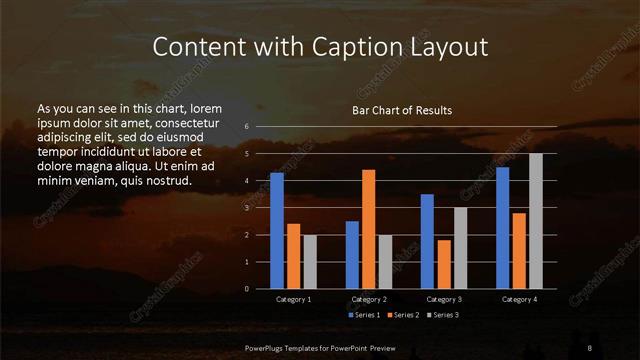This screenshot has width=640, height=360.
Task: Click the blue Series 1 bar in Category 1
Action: click(277, 231)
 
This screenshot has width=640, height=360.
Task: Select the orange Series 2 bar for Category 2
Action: click(369, 229)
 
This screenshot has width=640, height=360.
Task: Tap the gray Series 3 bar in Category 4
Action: click(536, 221)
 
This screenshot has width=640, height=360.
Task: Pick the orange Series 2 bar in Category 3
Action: click(444, 264)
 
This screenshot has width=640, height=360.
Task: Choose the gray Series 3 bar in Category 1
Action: click(310, 262)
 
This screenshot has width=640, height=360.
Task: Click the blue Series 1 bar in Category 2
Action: click(352, 255)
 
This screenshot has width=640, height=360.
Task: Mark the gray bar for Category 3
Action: click(461, 248)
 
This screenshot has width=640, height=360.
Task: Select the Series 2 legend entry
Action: click(402, 315)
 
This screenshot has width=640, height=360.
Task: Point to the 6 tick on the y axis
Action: click(246, 127)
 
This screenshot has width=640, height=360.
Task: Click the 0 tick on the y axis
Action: click(246, 289)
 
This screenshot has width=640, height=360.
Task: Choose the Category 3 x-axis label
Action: click(444, 299)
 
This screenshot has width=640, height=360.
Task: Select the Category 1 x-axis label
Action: click(294, 299)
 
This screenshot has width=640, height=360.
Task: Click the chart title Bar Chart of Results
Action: click(402, 110)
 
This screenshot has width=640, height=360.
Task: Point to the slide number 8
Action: click(590, 347)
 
